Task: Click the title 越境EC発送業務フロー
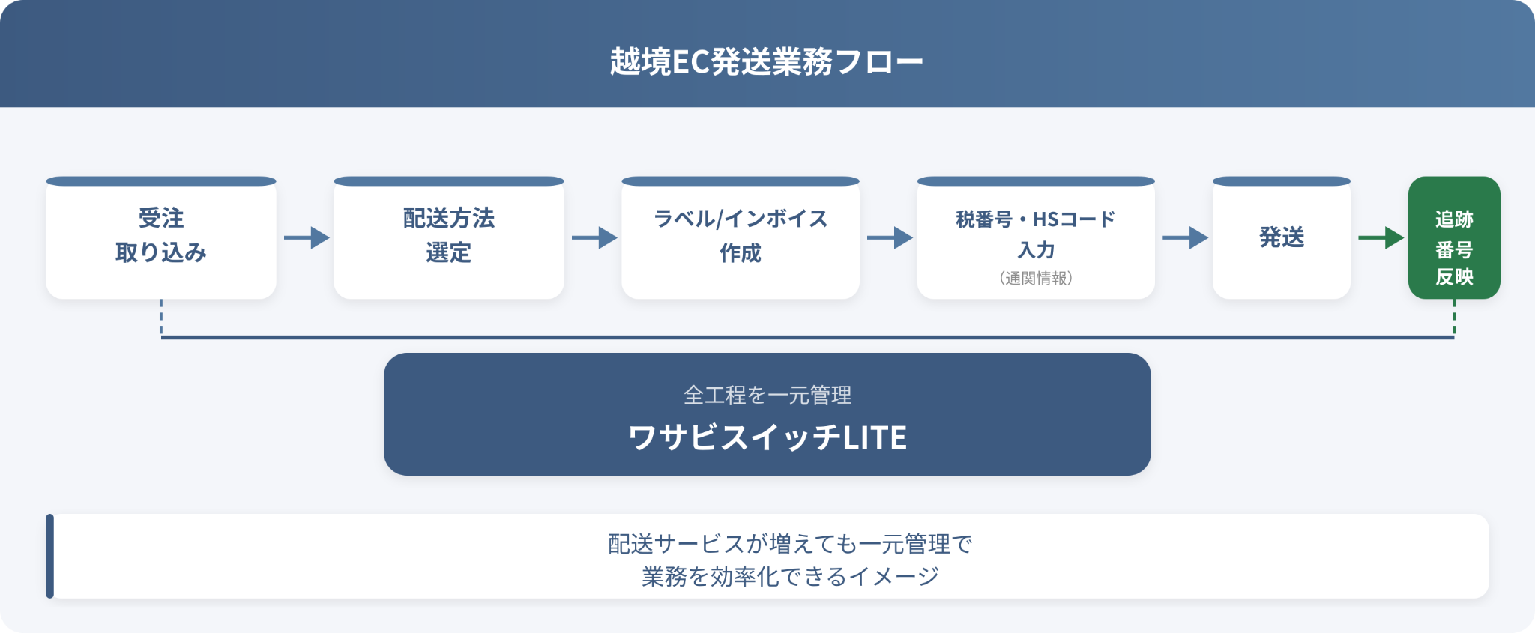click(767, 61)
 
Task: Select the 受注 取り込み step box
click(161, 237)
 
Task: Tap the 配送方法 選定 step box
click(449, 237)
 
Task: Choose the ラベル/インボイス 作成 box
click(741, 237)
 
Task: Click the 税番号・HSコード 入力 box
click(1036, 237)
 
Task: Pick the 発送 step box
click(1282, 237)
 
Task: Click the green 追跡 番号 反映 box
click(1454, 237)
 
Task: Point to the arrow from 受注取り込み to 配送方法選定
click(307, 237)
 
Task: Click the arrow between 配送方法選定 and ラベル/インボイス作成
click(594, 237)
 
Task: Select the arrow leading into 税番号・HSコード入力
click(890, 237)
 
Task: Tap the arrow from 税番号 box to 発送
click(1185, 237)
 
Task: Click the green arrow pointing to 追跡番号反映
click(1381, 237)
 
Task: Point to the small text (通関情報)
click(1036, 278)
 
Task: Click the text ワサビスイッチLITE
click(767, 437)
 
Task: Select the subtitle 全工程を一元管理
click(767, 395)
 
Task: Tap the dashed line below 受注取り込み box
click(161, 318)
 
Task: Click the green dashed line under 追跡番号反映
click(1454, 318)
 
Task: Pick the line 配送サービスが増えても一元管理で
click(790, 544)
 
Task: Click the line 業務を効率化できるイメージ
click(790, 576)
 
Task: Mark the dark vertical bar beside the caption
click(50, 556)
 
